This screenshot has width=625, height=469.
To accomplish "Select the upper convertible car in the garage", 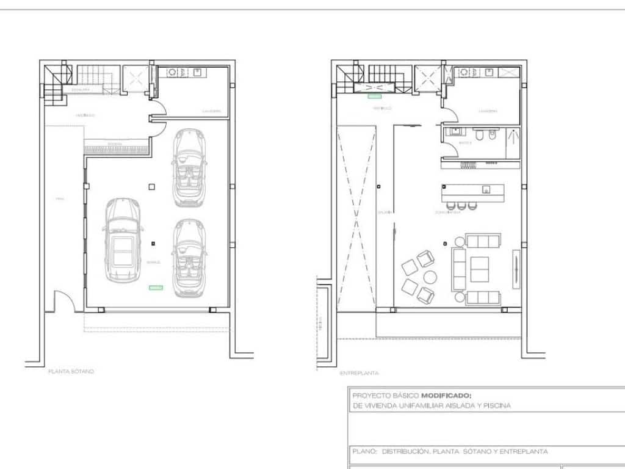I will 189,166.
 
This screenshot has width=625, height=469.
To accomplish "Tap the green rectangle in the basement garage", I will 156,286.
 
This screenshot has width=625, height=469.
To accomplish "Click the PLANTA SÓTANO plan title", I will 71,371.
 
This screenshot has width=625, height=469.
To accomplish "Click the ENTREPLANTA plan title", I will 359,373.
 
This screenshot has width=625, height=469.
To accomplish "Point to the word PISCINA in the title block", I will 497,405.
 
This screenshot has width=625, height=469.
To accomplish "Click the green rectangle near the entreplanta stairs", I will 374,96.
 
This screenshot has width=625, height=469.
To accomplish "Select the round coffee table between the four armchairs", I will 430,277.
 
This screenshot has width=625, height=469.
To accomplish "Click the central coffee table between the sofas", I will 479,269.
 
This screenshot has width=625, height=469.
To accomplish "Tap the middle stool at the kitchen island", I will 460,205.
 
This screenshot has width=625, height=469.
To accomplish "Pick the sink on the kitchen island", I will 486,189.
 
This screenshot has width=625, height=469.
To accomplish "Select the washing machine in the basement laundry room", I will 173,72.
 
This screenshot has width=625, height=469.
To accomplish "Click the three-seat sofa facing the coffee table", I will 458,269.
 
